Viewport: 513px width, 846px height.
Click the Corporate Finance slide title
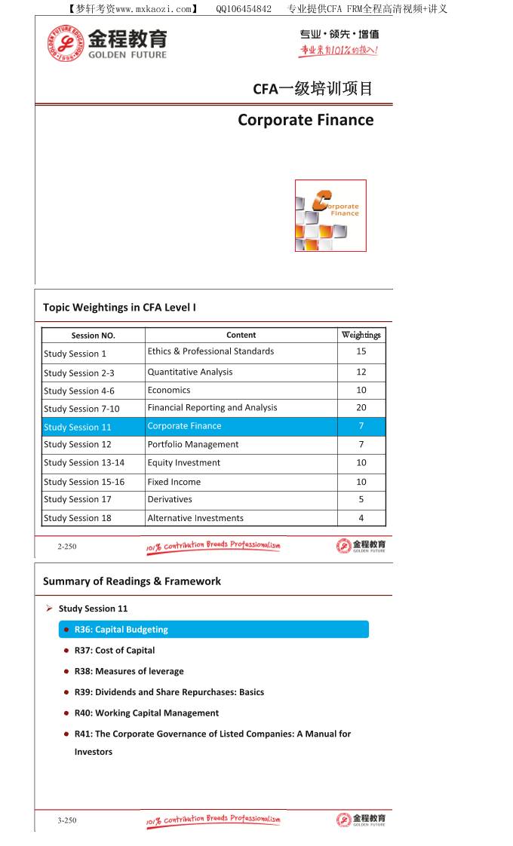[x=306, y=120]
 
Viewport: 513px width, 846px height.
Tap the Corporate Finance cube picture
[x=330, y=216]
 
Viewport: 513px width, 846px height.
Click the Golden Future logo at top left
[x=106, y=44]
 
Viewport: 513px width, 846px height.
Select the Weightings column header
[x=361, y=335]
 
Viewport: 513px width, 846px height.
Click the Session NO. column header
[x=94, y=336]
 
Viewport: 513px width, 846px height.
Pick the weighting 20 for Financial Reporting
[x=361, y=408]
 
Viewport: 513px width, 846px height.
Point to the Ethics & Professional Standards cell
[x=210, y=351]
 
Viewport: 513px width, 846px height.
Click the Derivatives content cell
[x=170, y=499]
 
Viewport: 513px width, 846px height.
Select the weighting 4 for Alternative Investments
[x=361, y=518]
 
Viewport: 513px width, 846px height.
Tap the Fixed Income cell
[x=174, y=482]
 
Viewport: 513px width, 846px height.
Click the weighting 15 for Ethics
[x=361, y=351]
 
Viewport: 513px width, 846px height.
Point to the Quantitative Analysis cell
[x=190, y=372]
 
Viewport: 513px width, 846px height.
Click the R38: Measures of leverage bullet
[x=129, y=671]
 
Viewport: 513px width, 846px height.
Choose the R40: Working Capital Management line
[x=146, y=713]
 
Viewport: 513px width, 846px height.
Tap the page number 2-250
[x=67, y=547]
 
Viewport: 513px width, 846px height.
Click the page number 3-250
[x=67, y=820]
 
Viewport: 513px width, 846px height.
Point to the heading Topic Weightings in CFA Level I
[x=120, y=308]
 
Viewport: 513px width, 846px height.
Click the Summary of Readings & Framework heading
[x=132, y=581]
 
